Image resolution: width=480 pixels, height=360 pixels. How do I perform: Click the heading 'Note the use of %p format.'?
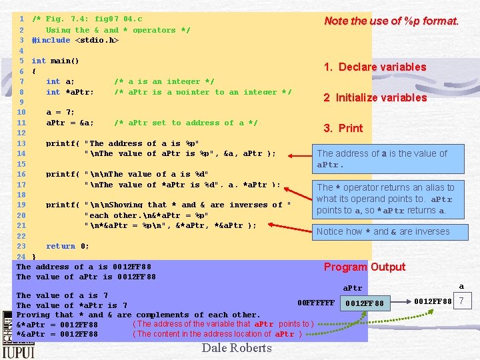coord(391,21)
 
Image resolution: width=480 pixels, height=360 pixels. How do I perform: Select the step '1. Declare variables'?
coord(375,67)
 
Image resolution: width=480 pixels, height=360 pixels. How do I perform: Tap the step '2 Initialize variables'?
coord(375,97)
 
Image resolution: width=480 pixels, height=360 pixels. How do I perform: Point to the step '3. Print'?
coord(343,128)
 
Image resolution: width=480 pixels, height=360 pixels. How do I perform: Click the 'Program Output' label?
coord(364,267)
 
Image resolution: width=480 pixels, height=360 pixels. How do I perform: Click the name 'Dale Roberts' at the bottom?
coord(237,347)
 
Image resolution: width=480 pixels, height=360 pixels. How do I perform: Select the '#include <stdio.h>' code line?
coord(75,40)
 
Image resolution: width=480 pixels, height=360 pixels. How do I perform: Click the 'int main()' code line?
coord(55,61)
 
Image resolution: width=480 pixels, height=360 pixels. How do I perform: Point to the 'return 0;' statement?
coord(67,246)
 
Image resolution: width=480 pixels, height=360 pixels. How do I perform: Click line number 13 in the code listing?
coord(21,143)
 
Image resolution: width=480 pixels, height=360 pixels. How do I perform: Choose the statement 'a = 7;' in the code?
coord(61,112)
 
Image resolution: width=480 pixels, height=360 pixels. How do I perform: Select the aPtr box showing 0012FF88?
coord(365,303)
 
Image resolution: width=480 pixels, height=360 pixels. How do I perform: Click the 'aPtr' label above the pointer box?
coord(352,288)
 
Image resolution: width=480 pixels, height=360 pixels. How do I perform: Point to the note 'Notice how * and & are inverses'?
coord(383,231)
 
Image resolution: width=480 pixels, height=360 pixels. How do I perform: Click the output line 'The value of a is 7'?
coord(62,295)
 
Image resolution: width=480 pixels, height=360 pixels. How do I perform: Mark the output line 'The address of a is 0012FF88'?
coord(84,267)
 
